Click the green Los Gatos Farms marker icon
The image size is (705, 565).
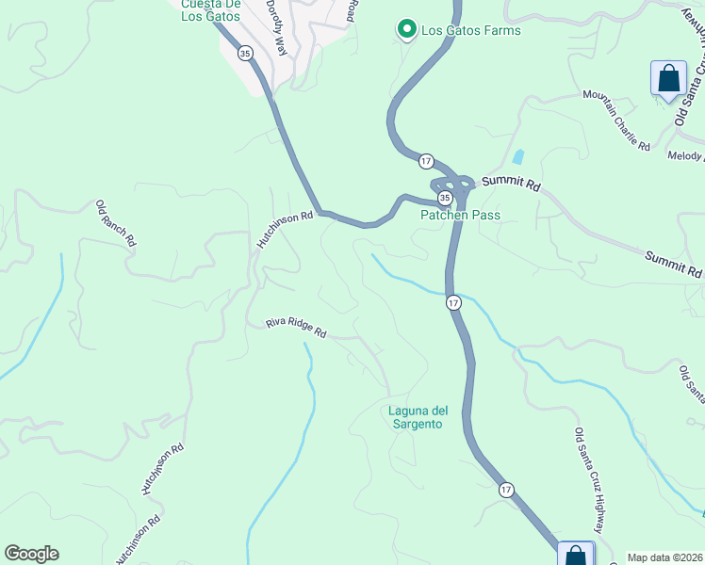[407, 31]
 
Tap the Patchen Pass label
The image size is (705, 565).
[459, 215]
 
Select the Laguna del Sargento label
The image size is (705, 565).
[415, 417]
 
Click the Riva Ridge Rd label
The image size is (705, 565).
[295, 327]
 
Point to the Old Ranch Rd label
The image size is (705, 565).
[116, 223]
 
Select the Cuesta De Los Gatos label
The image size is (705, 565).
[210, 9]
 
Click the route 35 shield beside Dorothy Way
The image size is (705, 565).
[245, 54]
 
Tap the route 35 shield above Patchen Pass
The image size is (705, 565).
[444, 198]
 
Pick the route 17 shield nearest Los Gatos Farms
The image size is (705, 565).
[426, 161]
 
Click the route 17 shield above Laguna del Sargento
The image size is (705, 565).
[454, 302]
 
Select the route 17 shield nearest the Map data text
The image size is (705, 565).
[506, 490]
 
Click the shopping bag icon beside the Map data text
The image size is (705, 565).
[576, 556]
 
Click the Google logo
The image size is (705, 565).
[31, 554]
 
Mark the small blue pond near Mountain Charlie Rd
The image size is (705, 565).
[517, 156]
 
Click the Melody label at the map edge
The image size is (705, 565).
[685, 156]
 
